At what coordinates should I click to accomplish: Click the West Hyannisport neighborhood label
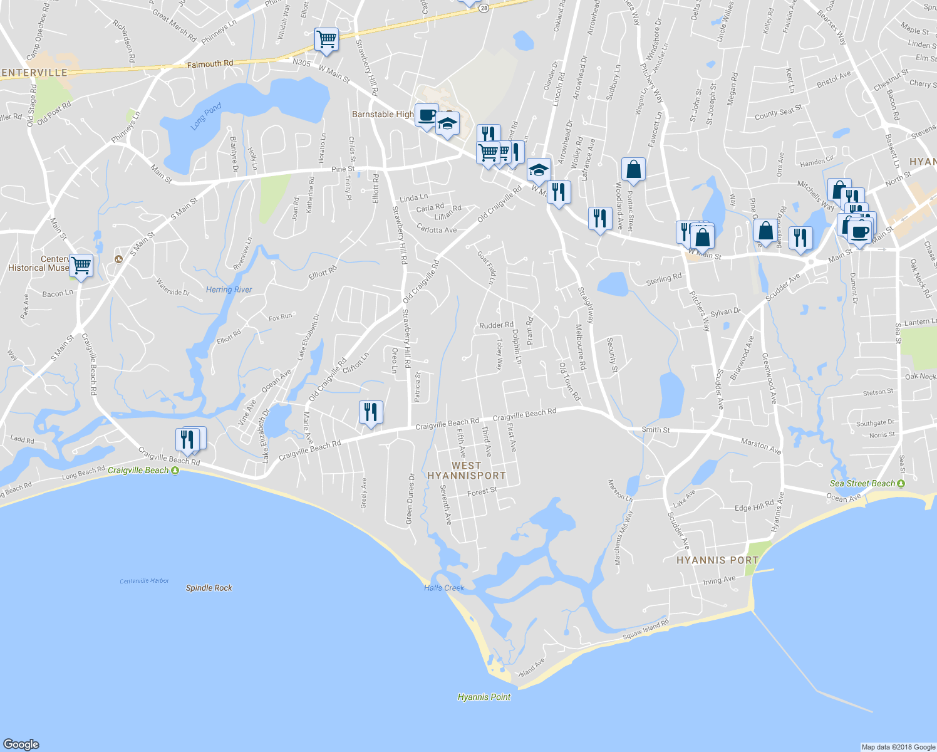[x=466, y=471]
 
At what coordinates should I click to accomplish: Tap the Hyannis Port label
[x=717, y=560]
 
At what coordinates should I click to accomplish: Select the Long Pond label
[x=206, y=117]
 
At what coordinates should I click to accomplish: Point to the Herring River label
[x=229, y=290]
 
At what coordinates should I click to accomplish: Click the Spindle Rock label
[x=209, y=588]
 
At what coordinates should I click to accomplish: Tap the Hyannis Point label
[x=484, y=697]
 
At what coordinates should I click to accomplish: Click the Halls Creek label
[x=443, y=588]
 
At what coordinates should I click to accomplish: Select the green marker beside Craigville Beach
[x=175, y=470]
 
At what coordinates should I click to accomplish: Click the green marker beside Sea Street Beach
[x=901, y=483]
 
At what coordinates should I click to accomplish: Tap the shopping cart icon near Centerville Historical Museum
[x=81, y=266]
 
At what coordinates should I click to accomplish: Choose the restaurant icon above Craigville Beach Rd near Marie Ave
[x=371, y=412]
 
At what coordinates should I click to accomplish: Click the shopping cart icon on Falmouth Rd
[x=326, y=40]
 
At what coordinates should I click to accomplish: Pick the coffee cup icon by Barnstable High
[x=427, y=115]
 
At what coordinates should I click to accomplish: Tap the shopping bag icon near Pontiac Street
[x=633, y=169]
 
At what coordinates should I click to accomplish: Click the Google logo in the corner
[x=21, y=744]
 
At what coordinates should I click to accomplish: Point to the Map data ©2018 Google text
[x=898, y=747]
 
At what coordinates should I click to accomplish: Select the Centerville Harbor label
[x=144, y=581]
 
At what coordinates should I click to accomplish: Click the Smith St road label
[x=655, y=430]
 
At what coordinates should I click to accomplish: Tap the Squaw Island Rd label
[x=645, y=630]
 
